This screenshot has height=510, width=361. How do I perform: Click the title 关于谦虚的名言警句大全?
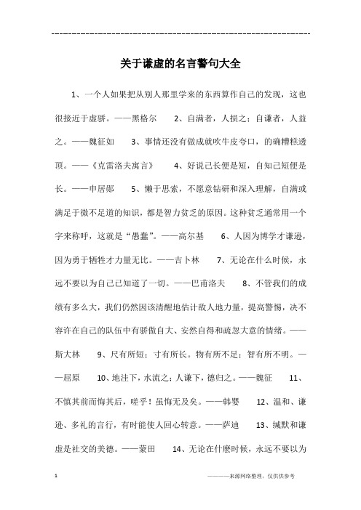coord(180,64)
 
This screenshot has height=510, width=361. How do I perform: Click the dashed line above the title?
coord(181,33)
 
